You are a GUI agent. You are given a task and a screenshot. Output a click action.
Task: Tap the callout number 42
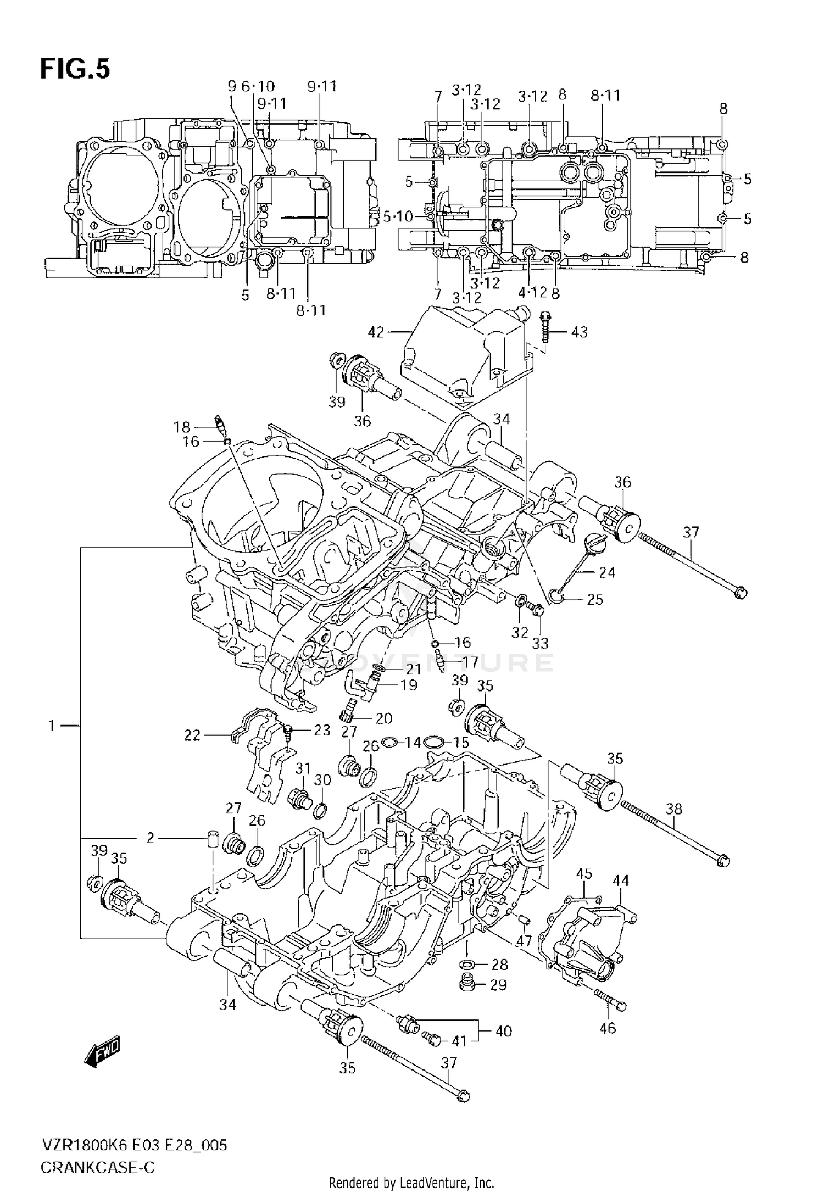click(377, 332)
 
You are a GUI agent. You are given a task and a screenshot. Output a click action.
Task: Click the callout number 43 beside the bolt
click(579, 332)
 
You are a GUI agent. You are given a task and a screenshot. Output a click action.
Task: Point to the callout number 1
click(52, 726)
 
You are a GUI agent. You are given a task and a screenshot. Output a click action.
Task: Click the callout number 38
click(674, 809)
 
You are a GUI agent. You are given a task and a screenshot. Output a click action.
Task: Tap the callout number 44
click(621, 880)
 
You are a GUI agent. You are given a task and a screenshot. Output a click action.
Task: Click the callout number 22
click(193, 735)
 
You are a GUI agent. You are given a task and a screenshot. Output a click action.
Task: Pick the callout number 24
click(607, 572)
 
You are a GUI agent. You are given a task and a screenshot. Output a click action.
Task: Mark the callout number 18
click(182, 427)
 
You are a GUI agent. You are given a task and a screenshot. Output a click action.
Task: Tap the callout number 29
click(498, 985)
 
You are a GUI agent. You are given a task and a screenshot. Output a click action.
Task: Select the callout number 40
click(503, 1031)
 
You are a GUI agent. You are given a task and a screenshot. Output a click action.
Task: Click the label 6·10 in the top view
click(258, 86)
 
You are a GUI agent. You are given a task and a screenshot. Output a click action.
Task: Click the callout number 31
click(303, 768)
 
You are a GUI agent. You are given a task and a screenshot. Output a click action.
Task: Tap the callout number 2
click(151, 838)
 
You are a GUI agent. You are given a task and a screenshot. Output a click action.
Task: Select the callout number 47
click(524, 941)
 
